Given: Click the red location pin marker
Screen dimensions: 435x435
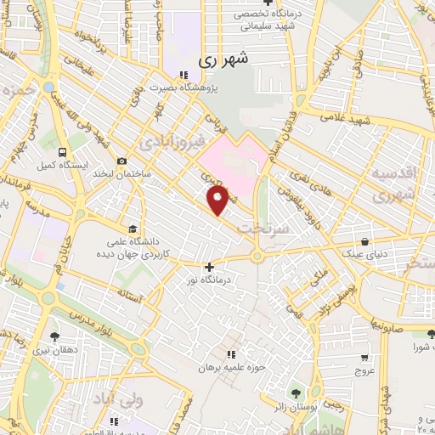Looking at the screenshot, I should (x=218, y=201).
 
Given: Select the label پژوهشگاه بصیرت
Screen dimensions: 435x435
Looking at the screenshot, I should (x=215, y=87).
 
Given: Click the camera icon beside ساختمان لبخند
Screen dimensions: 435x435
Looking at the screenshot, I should (x=122, y=161).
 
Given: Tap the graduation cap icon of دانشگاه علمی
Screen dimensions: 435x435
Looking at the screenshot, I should (x=133, y=229).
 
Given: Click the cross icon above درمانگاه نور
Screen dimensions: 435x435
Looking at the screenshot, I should (x=209, y=267).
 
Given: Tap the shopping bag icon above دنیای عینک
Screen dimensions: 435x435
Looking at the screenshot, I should (x=365, y=241).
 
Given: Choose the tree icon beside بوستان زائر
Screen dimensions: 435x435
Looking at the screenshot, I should (x=295, y=393).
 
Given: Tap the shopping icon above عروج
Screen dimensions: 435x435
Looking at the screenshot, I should (x=364, y=357).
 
